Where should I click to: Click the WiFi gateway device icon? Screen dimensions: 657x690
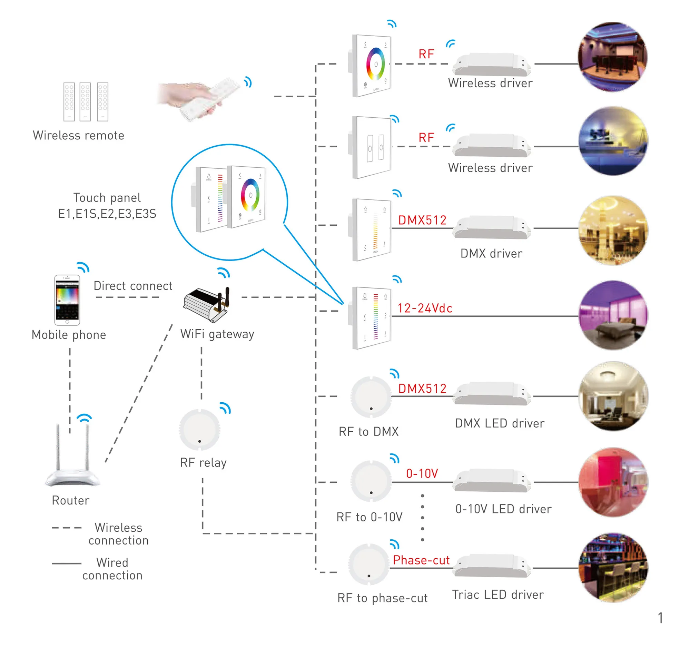click(207, 304)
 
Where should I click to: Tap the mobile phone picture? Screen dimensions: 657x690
click(67, 300)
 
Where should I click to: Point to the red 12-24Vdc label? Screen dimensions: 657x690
click(425, 308)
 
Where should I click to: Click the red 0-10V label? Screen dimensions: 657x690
click(422, 473)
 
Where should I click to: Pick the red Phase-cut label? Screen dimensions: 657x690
click(421, 560)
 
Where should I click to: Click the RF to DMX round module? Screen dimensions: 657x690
click(371, 397)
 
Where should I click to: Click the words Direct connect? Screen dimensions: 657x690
click(133, 286)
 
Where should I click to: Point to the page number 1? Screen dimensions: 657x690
click(660, 618)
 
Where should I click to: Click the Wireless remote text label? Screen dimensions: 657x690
click(78, 136)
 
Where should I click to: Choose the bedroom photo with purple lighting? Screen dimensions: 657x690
click(613, 315)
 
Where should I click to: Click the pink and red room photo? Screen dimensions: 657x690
click(613, 482)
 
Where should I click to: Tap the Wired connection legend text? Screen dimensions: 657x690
click(112, 569)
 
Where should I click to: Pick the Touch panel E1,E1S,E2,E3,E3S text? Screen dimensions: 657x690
click(107, 206)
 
